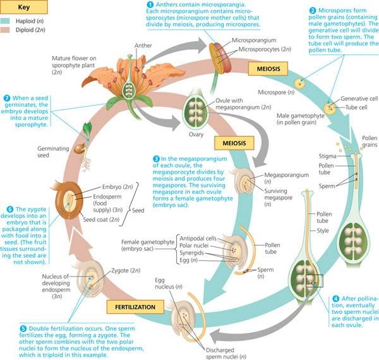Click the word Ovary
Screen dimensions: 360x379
click(177, 135)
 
